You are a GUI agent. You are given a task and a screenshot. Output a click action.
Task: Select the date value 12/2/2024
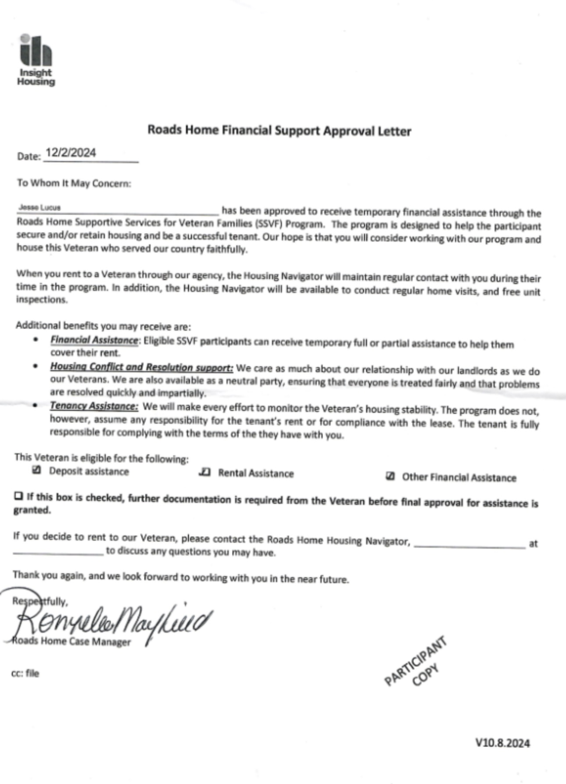71,153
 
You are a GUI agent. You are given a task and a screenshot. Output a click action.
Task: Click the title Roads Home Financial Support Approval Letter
279,130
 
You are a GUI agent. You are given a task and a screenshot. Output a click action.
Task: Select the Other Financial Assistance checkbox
390,477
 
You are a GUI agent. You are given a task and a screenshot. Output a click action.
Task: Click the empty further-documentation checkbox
18,496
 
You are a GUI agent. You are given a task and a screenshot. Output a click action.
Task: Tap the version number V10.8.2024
502,743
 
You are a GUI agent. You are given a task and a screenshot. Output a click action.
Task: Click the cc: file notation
25,673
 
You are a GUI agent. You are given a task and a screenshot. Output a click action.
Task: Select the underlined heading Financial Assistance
94,340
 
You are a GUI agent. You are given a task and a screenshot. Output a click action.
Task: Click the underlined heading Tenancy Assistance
94,406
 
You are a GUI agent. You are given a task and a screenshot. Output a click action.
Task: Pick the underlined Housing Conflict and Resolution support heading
141,367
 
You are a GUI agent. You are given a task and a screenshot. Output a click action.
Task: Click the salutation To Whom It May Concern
74,183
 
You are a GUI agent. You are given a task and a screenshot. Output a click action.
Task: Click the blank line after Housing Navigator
469,545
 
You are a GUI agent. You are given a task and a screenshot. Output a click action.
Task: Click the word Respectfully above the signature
40,601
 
